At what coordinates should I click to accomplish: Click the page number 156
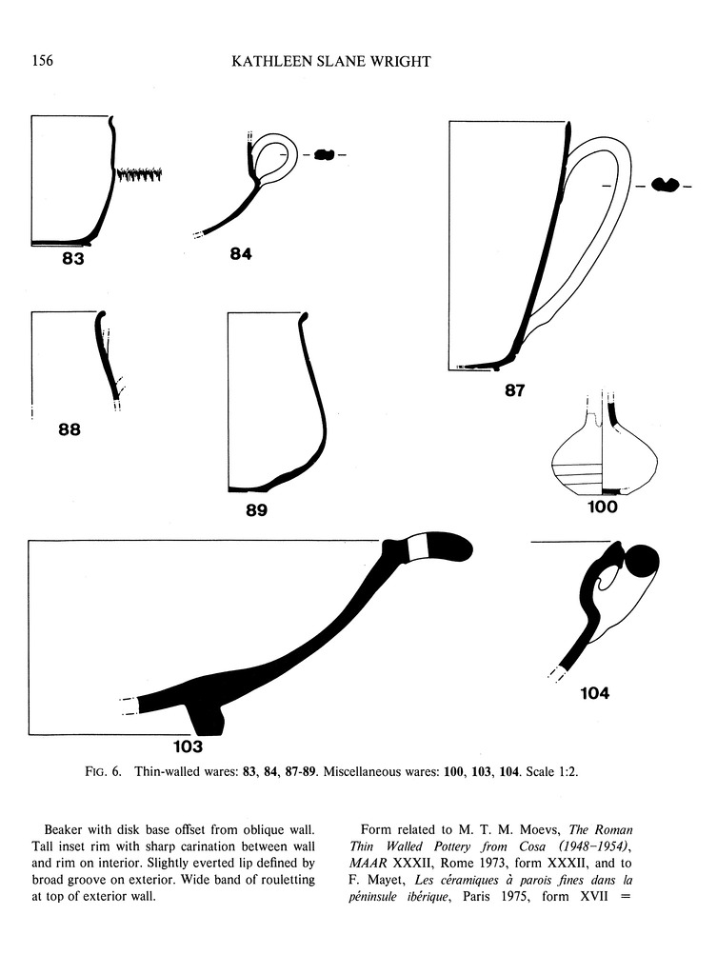point(41,62)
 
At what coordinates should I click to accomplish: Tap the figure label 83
point(73,259)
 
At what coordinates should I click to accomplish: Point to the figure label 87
point(515,390)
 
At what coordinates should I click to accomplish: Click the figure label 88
point(70,429)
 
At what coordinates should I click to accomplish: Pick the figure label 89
point(256,510)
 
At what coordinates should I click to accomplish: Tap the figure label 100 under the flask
point(603,507)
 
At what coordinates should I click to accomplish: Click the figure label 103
point(188,746)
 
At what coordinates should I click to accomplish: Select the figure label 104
point(594,693)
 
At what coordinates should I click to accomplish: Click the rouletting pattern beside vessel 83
point(139,174)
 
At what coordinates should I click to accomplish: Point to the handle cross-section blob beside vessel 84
point(325,154)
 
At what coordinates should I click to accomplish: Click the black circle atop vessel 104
point(641,561)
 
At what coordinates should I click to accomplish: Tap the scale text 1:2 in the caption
point(564,772)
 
